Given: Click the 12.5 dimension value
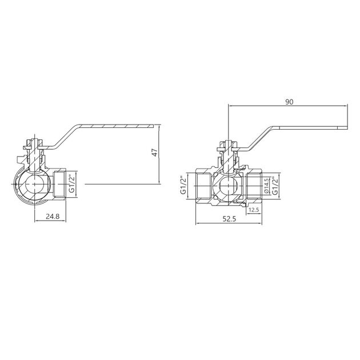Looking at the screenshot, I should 254,210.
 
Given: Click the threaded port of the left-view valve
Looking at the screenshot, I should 63,184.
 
